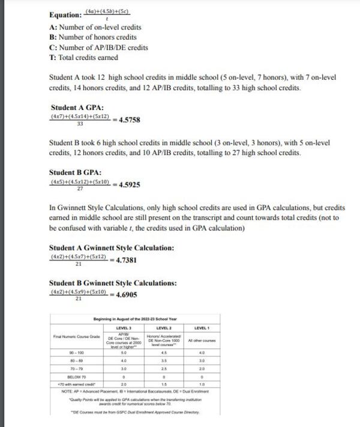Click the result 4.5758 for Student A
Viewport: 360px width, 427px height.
coord(130,120)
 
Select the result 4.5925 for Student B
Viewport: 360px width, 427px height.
coord(130,184)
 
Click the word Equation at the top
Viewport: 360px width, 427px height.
coord(65,15)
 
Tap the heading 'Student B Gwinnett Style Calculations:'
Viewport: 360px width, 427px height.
coord(112,282)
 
